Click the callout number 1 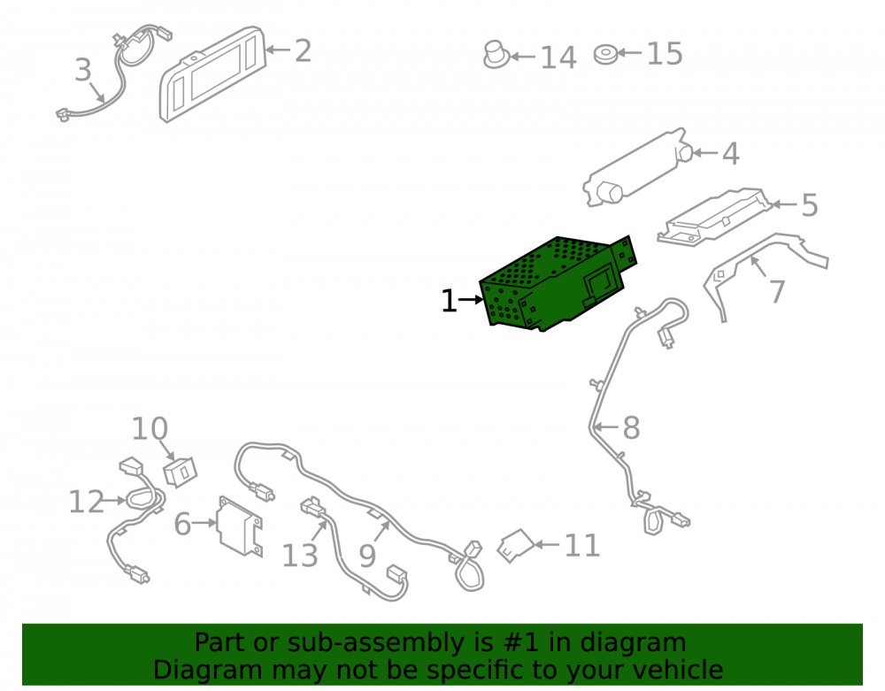pyautogui.click(x=449, y=301)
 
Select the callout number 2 pyautogui.click(x=303, y=50)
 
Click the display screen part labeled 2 pyautogui.click(x=212, y=73)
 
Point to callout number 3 pyautogui.click(x=83, y=70)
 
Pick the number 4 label pyautogui.click(x=731, y=153)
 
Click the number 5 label pyautogui.click(x=810, y=204)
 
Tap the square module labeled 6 pyautogui.click(x=241, y=526)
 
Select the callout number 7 pyautogui.click(x=777, y=291)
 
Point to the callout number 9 pyautogui.click(x=367, y=557)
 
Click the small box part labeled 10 pyautogui.click(x=180, y=472)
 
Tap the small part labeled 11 pyautogui.click(x=515, y=546)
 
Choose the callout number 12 pyautogui.click(x=87, y=502)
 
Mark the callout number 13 pyautogui.click(x=300, y=556)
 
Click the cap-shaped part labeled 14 pyautogui.click(x=496, y=55)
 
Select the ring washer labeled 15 pyautogui.click(x=605, y=54)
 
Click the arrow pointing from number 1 pyautogui.click(x=472, y=300)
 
